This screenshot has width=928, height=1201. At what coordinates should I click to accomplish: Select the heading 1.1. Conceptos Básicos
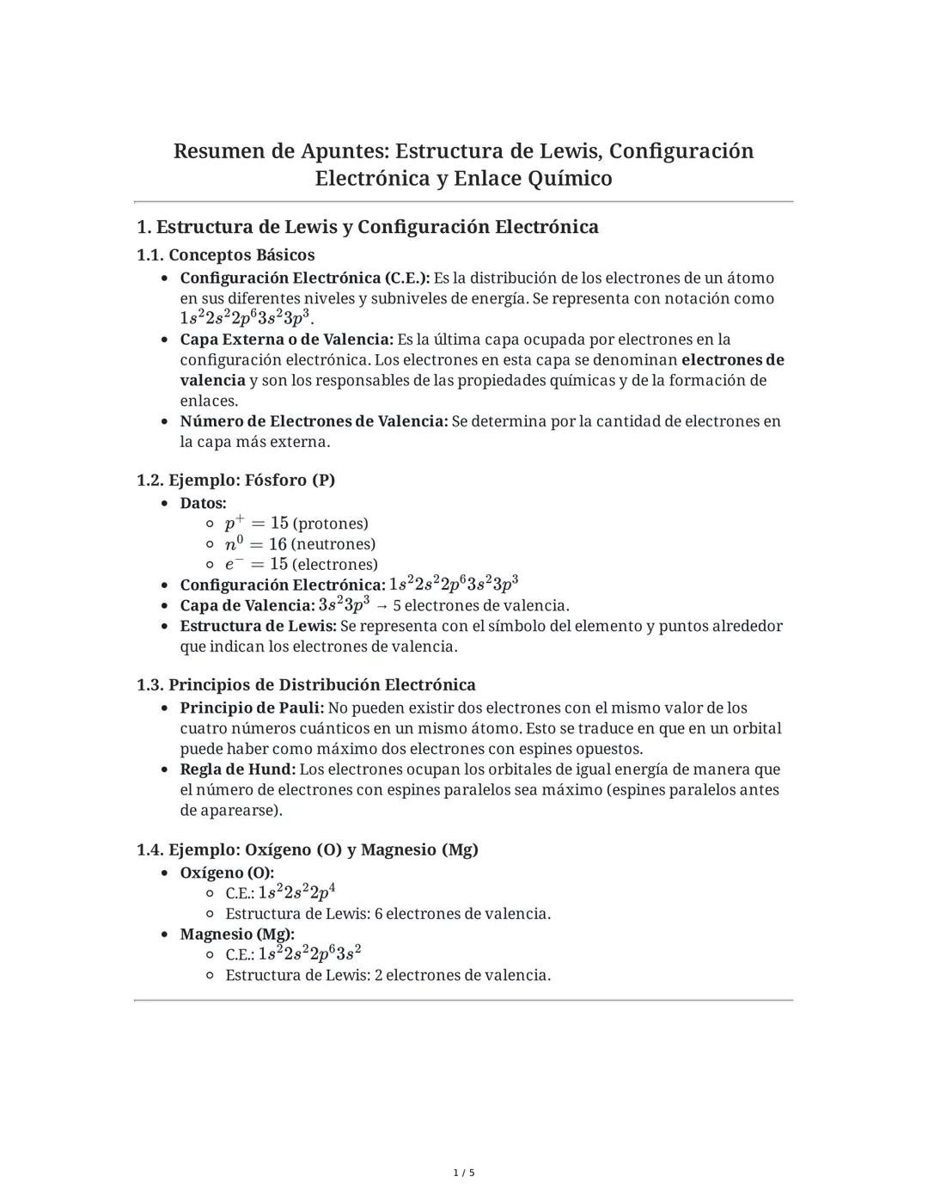click(x=226, y=255)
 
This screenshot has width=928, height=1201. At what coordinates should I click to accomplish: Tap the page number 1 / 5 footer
click(x=464, y=1173)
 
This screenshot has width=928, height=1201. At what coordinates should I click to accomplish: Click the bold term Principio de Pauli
click(x=252, y=708)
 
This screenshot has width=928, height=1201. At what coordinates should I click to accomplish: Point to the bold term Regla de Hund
click(x=237, y=769)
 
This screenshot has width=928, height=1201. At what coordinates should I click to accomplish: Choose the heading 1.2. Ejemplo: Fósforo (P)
click(x=235, y=480)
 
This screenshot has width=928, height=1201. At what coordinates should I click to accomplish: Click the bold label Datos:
click(x=203, y=503)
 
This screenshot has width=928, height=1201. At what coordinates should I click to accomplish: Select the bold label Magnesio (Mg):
click(x=237, y=934)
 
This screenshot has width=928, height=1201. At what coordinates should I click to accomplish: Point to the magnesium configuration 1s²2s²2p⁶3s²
click(x=309, y=953)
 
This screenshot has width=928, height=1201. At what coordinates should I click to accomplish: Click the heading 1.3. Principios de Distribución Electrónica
click(x=306, y=685)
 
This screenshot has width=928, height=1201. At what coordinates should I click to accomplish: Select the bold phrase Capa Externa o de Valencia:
click(x=286, y=340)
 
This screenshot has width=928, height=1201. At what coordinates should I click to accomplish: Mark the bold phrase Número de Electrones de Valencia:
click(x=314, y=421)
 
